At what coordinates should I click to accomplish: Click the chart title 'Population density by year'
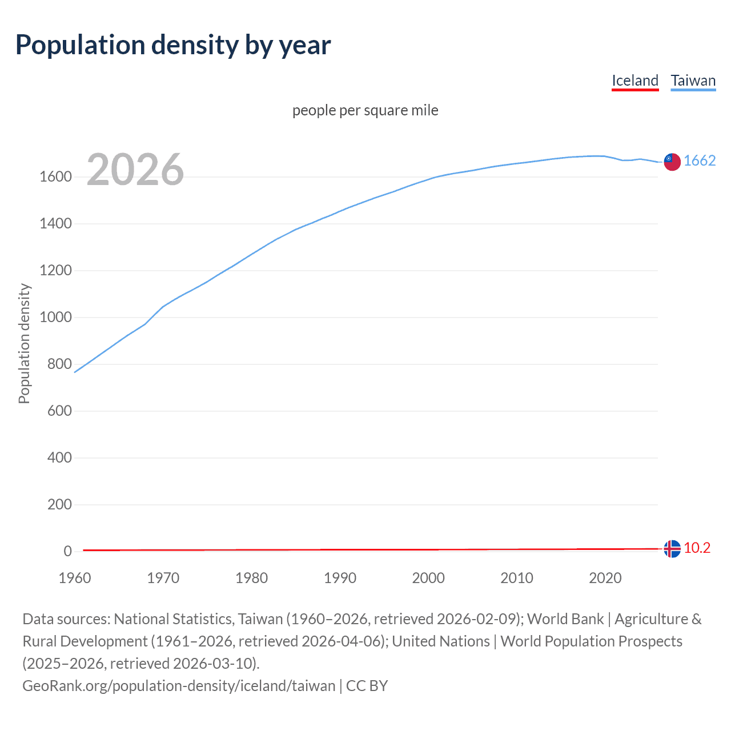pyautogui.click(x=173, y=45)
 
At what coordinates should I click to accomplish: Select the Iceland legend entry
pyautogui.click(x=635, y=81)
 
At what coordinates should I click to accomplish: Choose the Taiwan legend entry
pyautogui.click(x=693, y=81)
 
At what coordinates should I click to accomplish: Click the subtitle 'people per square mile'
pyautogui.click(x=365, y=110)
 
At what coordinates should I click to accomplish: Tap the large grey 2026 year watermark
pyautogui.click(x=135, y=170)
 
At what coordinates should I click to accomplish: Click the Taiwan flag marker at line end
pyautogui.click(x=672, y=162)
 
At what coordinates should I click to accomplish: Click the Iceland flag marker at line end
pyautogui.click(x=672, y=549)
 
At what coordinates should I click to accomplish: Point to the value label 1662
pyautogui.click(x=700, y=161)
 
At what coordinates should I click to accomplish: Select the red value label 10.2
pyautogui.click(x=697, y=548)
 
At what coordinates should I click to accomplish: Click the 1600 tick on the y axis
pyautogui.click(x=55, y=177)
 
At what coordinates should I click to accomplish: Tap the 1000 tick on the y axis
pyautogui.click(x=55, y=318)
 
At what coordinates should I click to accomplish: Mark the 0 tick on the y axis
pyautogui.click(x=68, y=552)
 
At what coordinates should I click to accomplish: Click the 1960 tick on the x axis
pyautogui.click(x=75, y=578)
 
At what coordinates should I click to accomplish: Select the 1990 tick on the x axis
pyautogui.click(x=340, y=578)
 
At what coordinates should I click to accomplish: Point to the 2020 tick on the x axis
pyautogui.click(x=605, y=578)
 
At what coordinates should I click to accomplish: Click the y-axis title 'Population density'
pyautogui.click(x=24, y=344)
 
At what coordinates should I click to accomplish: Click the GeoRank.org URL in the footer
pyautogui.click(x=179, y=686)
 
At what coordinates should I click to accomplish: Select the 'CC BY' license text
pyautogui.click(x=367, y=686)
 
